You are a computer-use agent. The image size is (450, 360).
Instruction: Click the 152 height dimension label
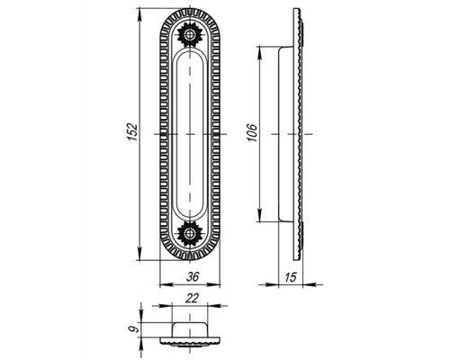132,131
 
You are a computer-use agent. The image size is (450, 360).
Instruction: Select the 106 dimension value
252,132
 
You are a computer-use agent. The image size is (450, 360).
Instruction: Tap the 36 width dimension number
193,276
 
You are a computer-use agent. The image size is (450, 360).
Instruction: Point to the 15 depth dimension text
290,277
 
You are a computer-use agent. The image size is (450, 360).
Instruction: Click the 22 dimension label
192,298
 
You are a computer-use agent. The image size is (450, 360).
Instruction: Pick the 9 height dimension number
135,328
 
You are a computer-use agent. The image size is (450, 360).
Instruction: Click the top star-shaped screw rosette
190,35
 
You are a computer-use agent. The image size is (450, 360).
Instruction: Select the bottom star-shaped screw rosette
190,233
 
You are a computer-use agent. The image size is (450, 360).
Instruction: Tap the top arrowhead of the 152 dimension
139,14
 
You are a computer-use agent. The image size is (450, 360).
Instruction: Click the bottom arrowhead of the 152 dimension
139,255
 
